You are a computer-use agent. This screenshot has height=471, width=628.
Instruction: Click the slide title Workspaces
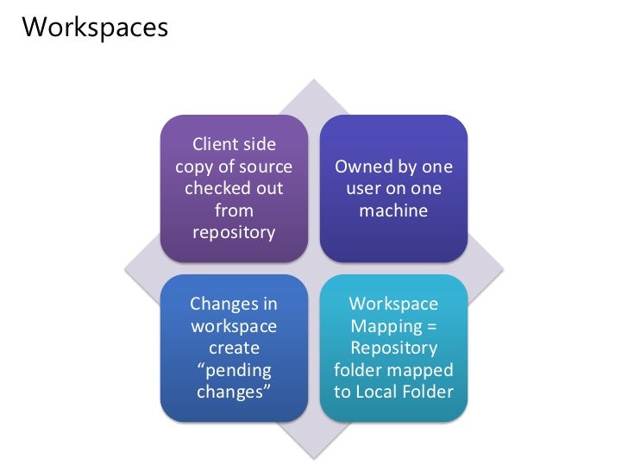pos(95,28)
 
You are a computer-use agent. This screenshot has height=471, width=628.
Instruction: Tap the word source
pos(266,166)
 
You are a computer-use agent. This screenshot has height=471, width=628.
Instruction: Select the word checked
pos(212,188)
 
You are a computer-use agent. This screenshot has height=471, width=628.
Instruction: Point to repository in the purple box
pos(234,232)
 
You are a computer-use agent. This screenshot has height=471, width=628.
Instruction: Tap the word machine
pos(392,210)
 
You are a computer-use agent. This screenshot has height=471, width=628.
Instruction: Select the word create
pos(233,348)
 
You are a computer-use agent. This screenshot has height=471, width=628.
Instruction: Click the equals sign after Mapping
pos(432,326)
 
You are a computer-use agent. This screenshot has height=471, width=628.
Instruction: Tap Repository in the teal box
pos(392,348)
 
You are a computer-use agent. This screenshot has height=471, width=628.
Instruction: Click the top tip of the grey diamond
pos(314,80)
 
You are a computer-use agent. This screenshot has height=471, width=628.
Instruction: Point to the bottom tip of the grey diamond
pos(314,457)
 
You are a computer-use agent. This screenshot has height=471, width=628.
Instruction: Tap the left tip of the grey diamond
pos(126,268)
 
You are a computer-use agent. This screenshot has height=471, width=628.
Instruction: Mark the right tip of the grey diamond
pos(502,268)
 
